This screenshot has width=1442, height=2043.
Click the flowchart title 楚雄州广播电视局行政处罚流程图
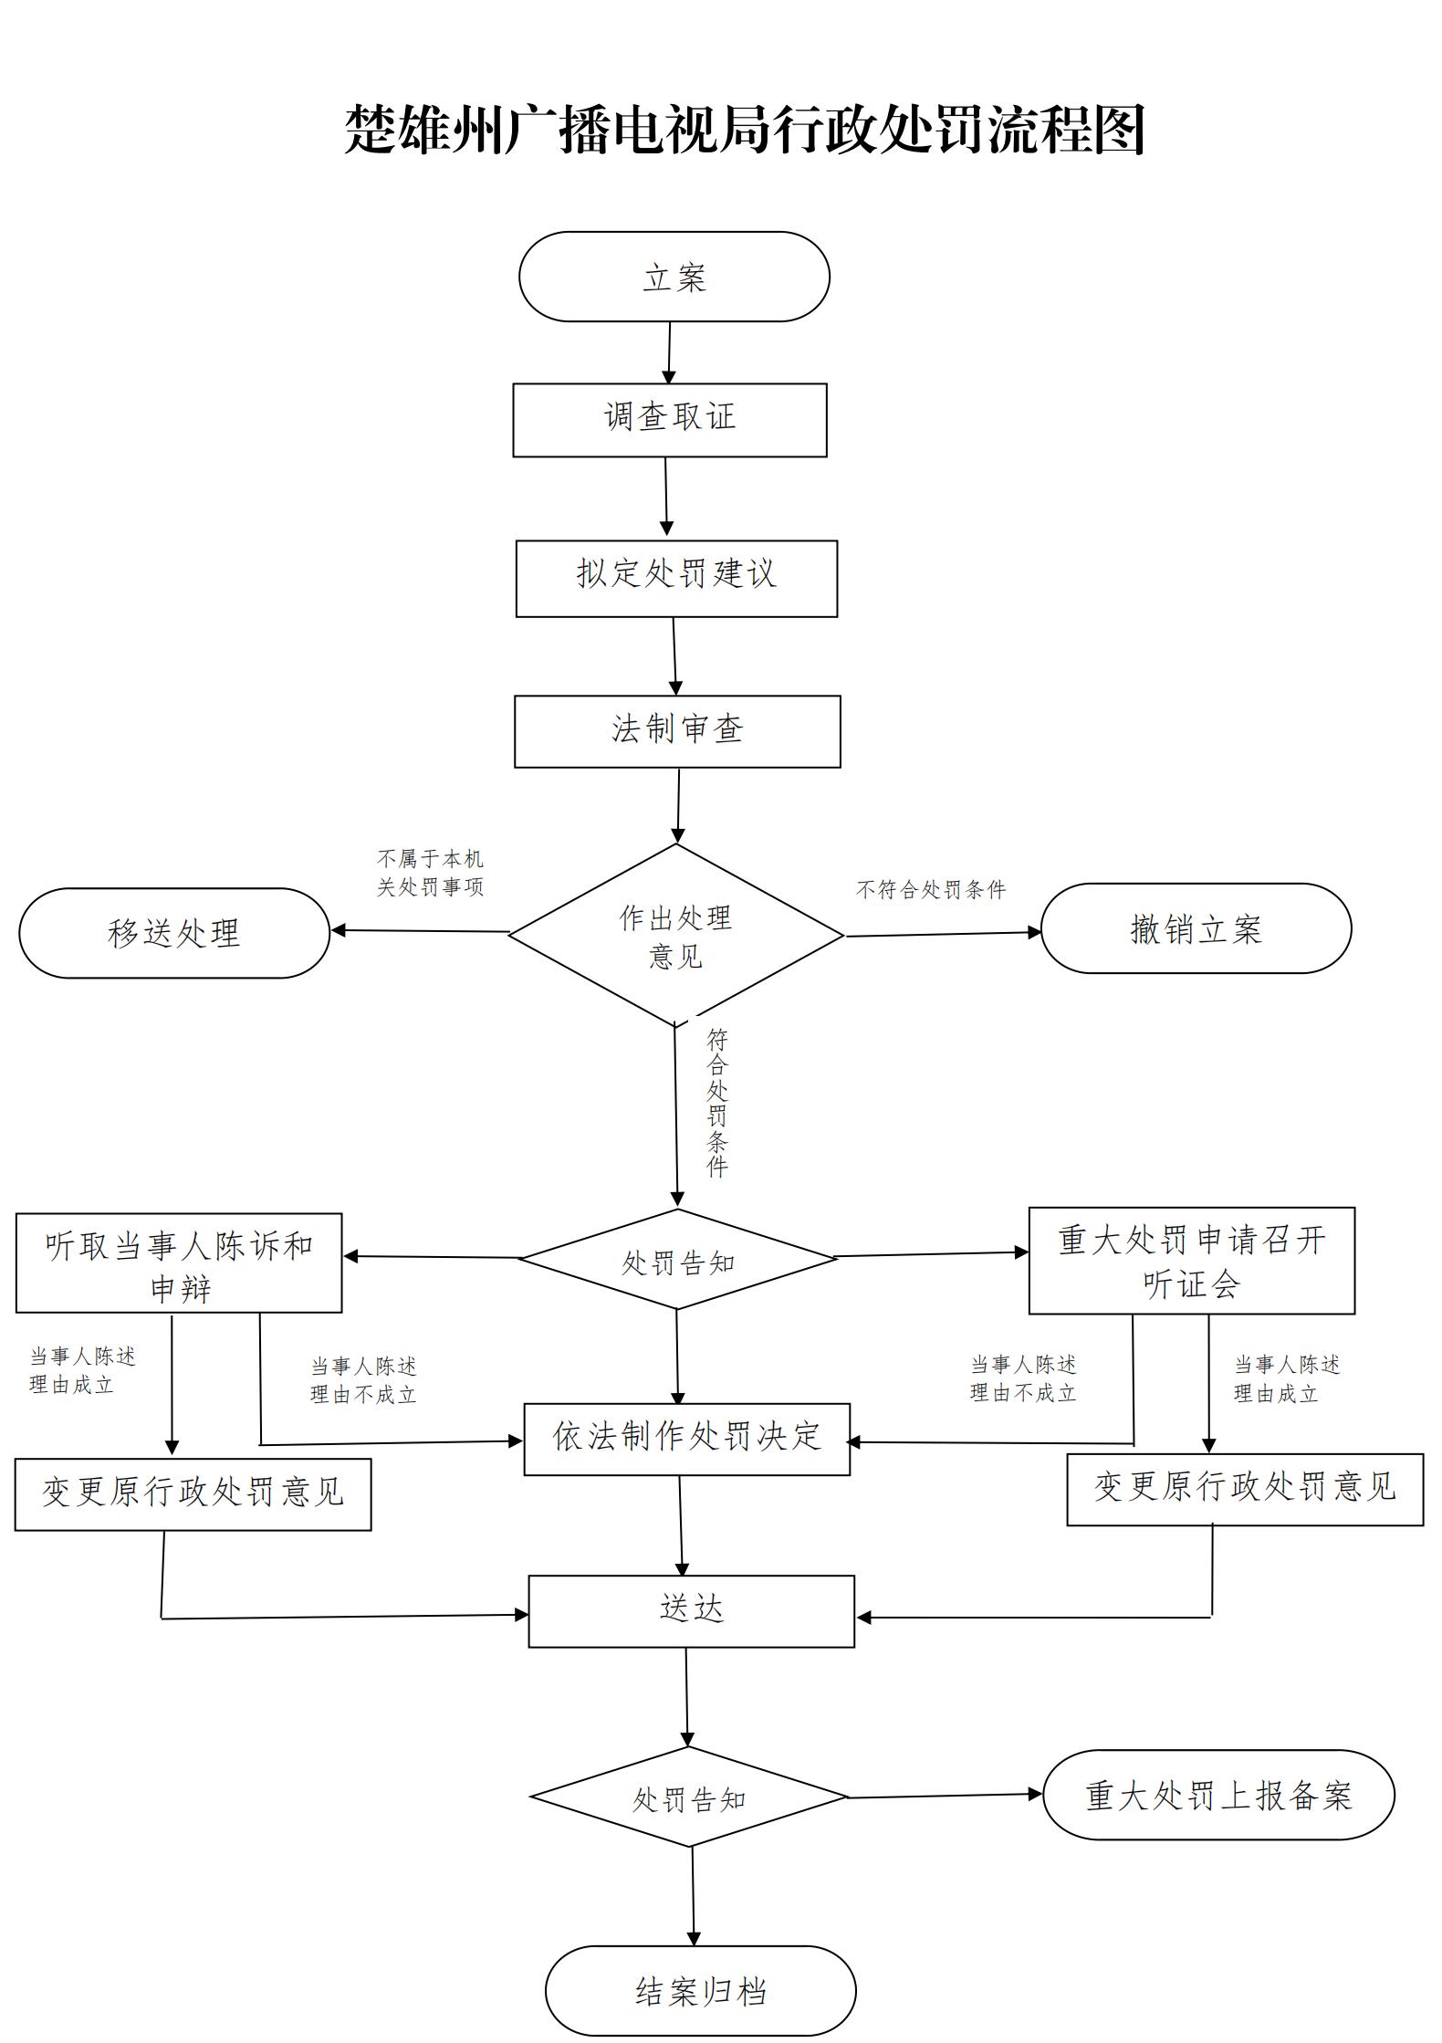tap(744, 131)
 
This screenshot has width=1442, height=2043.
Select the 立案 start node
tap(674, 277)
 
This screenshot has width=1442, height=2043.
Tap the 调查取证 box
tap(669, 420)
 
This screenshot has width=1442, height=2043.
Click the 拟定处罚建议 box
tap(675, 578)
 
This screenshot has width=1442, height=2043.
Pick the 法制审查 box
tap(676, 731)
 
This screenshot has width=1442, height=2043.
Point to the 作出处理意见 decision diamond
tap(675, 935)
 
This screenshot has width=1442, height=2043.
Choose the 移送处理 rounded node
tap(173, 933)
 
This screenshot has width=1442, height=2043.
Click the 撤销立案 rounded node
tap(1195, 928)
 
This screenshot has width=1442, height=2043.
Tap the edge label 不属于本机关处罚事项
tap(430, 873)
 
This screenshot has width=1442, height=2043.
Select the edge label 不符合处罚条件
tap(930, 889)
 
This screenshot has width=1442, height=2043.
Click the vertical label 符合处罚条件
tap(717, 1103)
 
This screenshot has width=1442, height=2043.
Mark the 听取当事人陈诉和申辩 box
tap(179, 1263)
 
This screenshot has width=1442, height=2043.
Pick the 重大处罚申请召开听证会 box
tap(1191, 1261)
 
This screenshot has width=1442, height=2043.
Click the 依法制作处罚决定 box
tap(686, 1439)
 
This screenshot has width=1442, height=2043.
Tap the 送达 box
tap(691, 1611)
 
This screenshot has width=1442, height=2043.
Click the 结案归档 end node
tap(700, 1991)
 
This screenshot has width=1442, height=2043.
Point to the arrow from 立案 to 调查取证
tap(669, 352)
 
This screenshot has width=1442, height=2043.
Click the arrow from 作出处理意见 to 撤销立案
tap(942, 934)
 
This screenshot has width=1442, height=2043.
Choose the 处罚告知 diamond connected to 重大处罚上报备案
tap(689, 1797)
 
